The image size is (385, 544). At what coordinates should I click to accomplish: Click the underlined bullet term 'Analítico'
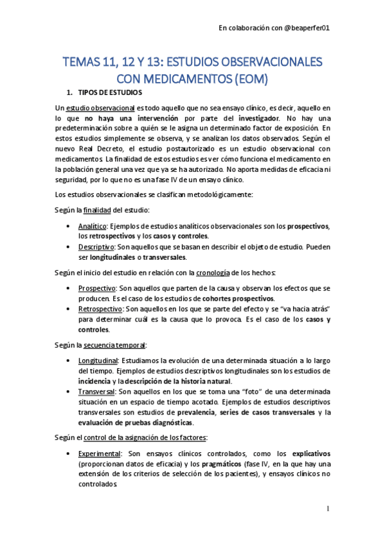pyautogui.click(x=92, y=226)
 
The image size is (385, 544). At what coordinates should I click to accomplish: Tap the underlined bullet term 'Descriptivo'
pyautogui.click(x=96, y=246)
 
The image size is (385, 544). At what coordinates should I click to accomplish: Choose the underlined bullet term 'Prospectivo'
pyautogui.click(x=96, y=288)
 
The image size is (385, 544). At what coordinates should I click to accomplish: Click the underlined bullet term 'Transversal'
pyautogui.click(x=96, y=391)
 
